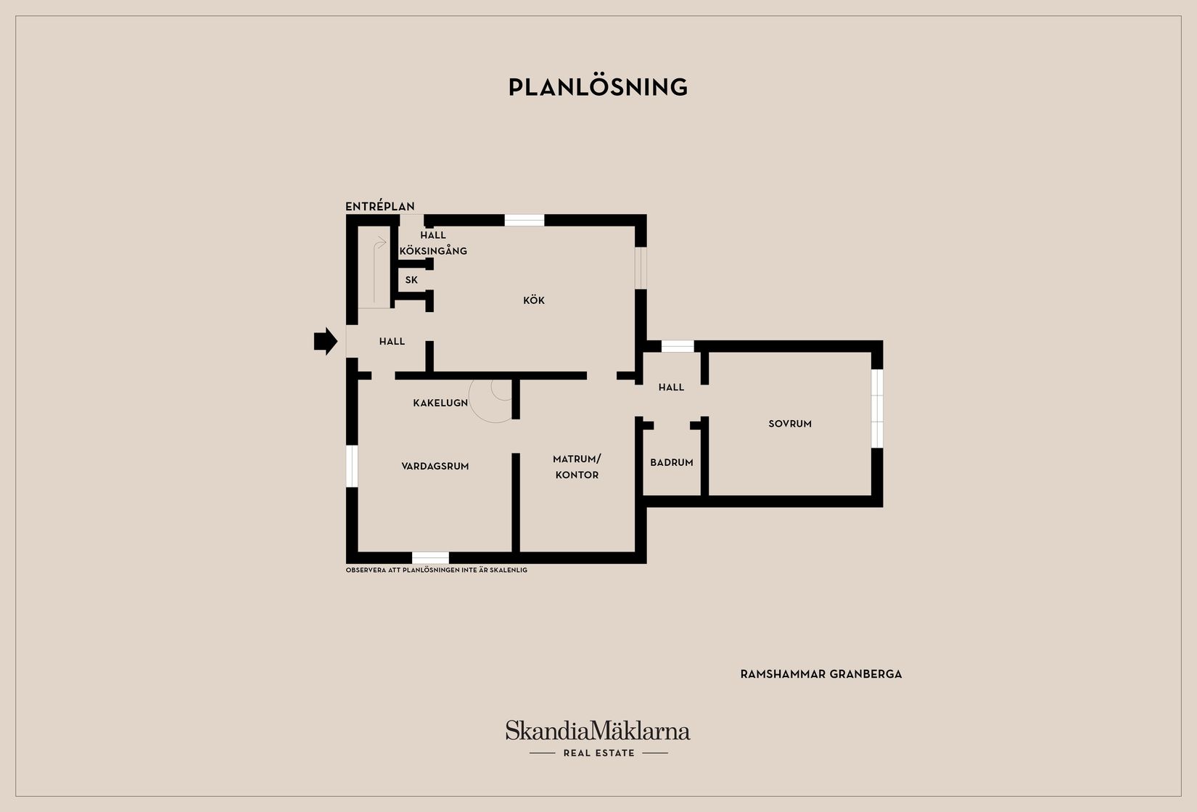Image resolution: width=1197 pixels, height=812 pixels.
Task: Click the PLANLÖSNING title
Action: (x=598, y=87)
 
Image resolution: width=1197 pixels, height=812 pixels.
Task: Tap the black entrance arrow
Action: (x=326, y=341)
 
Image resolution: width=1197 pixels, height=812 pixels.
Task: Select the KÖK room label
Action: (x=534, y=300)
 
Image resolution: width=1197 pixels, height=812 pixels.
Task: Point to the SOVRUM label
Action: (x=790, y=424)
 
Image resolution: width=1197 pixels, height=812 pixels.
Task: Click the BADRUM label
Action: (x=672, y=462)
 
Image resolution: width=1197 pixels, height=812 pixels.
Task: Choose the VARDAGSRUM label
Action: (x=435, y=466)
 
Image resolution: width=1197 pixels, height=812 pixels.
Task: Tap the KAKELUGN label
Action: (x=440, y=403)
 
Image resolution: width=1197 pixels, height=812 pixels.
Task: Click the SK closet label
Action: (x=411, y=280)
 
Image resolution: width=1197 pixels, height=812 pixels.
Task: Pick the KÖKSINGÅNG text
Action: (x=433, y=250)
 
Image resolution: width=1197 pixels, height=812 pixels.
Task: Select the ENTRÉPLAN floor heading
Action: (x=380, y=206)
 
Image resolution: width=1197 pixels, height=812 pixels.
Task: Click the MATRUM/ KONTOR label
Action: (x=577, y=467)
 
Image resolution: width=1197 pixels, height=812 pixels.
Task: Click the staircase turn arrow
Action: (x=379, y=244)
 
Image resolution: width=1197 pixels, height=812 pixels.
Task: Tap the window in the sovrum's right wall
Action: (x=877, y=409)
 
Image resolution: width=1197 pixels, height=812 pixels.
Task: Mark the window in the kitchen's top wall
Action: (x=525, y=221)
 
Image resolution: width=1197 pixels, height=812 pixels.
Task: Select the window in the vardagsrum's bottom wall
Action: (x=430, y=557)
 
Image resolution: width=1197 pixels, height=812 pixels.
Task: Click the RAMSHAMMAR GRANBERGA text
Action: (x=820, y=674)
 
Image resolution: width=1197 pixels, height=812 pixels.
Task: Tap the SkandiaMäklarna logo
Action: (x=598, y=730)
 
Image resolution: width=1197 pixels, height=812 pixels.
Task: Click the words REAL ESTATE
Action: (x=599, y=753)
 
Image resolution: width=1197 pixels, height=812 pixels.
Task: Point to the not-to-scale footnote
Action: (x=437, y=570)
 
